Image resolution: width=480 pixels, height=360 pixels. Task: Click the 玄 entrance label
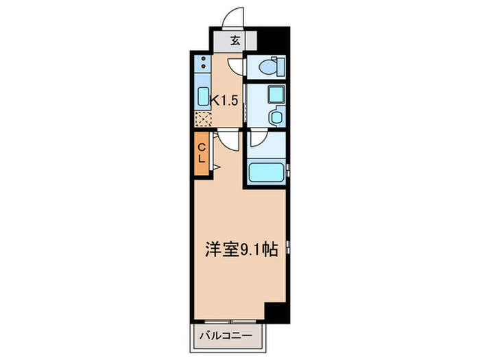pos(235,40)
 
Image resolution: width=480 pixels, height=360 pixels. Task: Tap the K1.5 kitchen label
pos(224,99)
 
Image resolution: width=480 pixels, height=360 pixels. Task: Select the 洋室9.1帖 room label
pos(241,250)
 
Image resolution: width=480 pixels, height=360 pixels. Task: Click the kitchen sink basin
pos(204,95)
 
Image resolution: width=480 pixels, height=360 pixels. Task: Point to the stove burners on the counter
pos(204,65)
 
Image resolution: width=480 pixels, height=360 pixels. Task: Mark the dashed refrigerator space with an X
pos(204,119)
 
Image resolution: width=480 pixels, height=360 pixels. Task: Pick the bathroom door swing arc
pos(258,139)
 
